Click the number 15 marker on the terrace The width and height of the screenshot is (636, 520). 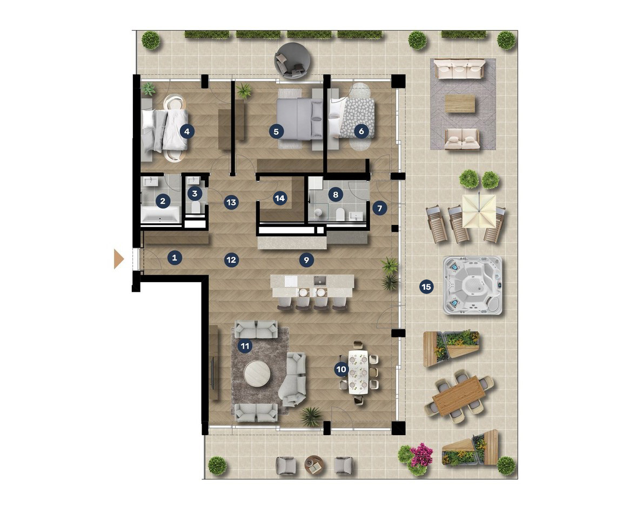[426, 287]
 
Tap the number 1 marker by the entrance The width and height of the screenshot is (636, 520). [175, 257]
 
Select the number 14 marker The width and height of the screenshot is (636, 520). [280, 198]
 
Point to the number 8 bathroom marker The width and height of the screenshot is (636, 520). [336, 194]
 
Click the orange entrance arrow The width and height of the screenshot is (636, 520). [118, 259]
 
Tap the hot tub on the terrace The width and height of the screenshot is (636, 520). [472, 285]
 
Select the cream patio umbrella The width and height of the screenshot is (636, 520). [479, 211]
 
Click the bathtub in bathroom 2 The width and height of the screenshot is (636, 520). [160, 215]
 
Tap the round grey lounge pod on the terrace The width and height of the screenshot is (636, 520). [292, 61]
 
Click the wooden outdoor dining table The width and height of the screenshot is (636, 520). [459, 396]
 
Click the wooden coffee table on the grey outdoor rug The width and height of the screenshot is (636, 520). [460, 103]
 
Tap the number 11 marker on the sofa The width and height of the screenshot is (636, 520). [245, 346]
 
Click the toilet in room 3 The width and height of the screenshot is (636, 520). [196, 208]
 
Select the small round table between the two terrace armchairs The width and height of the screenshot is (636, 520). [314, 465]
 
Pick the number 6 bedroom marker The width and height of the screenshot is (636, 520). [361, 131]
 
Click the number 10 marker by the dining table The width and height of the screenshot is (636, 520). [341, 369]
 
